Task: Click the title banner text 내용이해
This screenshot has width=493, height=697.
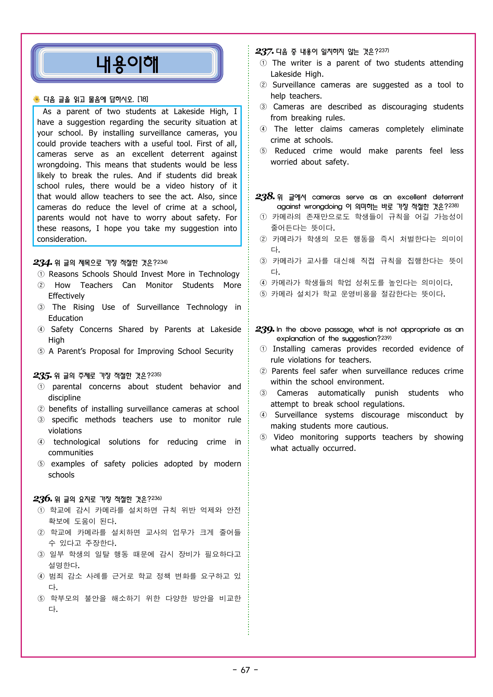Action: (x=127, y=64)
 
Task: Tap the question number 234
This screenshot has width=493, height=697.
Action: (x=42, y=262)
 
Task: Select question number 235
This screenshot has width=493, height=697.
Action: (x=42, y=375)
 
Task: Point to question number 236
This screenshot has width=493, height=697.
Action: (x=42, y=499)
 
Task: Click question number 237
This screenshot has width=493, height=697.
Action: (x=264, y=52)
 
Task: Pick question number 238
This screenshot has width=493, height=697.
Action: (x=265, y=196)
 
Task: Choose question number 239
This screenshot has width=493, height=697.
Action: (x=265, y=329)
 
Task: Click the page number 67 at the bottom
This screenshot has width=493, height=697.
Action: (x=245, y=670)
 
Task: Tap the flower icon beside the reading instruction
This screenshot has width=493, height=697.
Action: (x=37, y=99)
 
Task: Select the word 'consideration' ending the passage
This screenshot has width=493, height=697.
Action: (x=61, y=239)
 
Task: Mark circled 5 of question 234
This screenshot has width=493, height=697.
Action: (x=41, y=351)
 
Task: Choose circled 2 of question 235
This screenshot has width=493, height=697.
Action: (x=41, y=409)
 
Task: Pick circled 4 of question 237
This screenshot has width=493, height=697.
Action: (x=263, y=129)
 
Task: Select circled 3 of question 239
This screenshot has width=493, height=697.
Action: (x=263, y=393)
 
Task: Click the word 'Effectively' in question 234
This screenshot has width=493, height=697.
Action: (x=66, y=296)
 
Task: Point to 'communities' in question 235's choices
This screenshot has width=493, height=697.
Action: (x=71, y=453)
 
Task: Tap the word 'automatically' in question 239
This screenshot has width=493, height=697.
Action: (x=341, y=393)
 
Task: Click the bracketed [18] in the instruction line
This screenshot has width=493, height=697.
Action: (x=143, y=99)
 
